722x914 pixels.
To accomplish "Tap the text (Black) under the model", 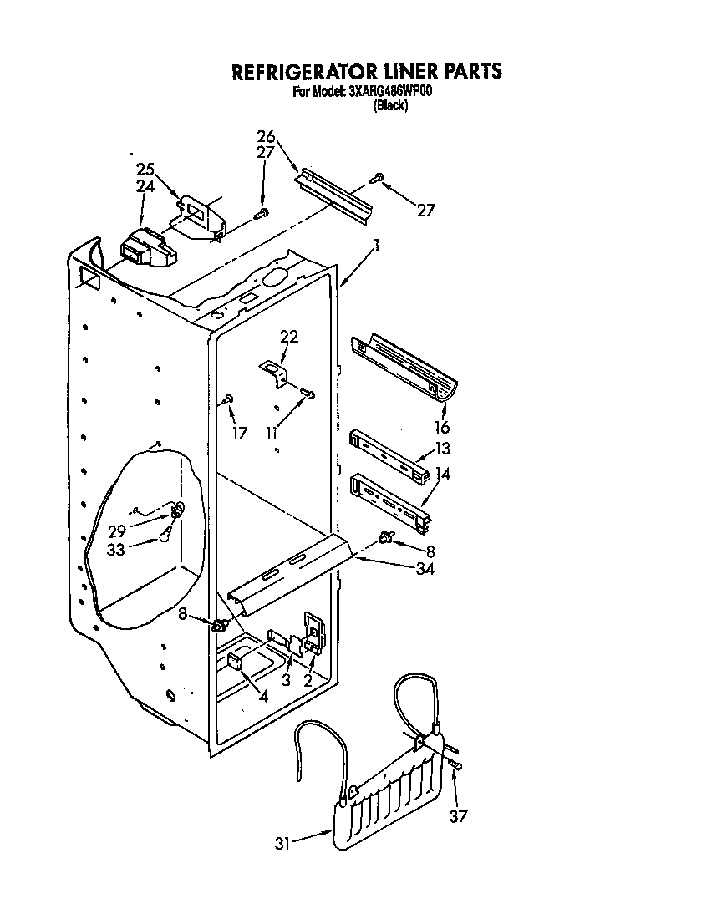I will coord(390,105).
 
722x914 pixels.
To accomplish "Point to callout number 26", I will coord(266,136).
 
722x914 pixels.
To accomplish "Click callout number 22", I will coord(288,337).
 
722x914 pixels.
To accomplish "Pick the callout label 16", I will coord(442,428).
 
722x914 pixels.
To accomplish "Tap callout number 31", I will coord(284,844).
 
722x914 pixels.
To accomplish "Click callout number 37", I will coord(457,817).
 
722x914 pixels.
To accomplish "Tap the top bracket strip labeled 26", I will coord(334,194).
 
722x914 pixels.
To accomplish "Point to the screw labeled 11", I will coord(308,393).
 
